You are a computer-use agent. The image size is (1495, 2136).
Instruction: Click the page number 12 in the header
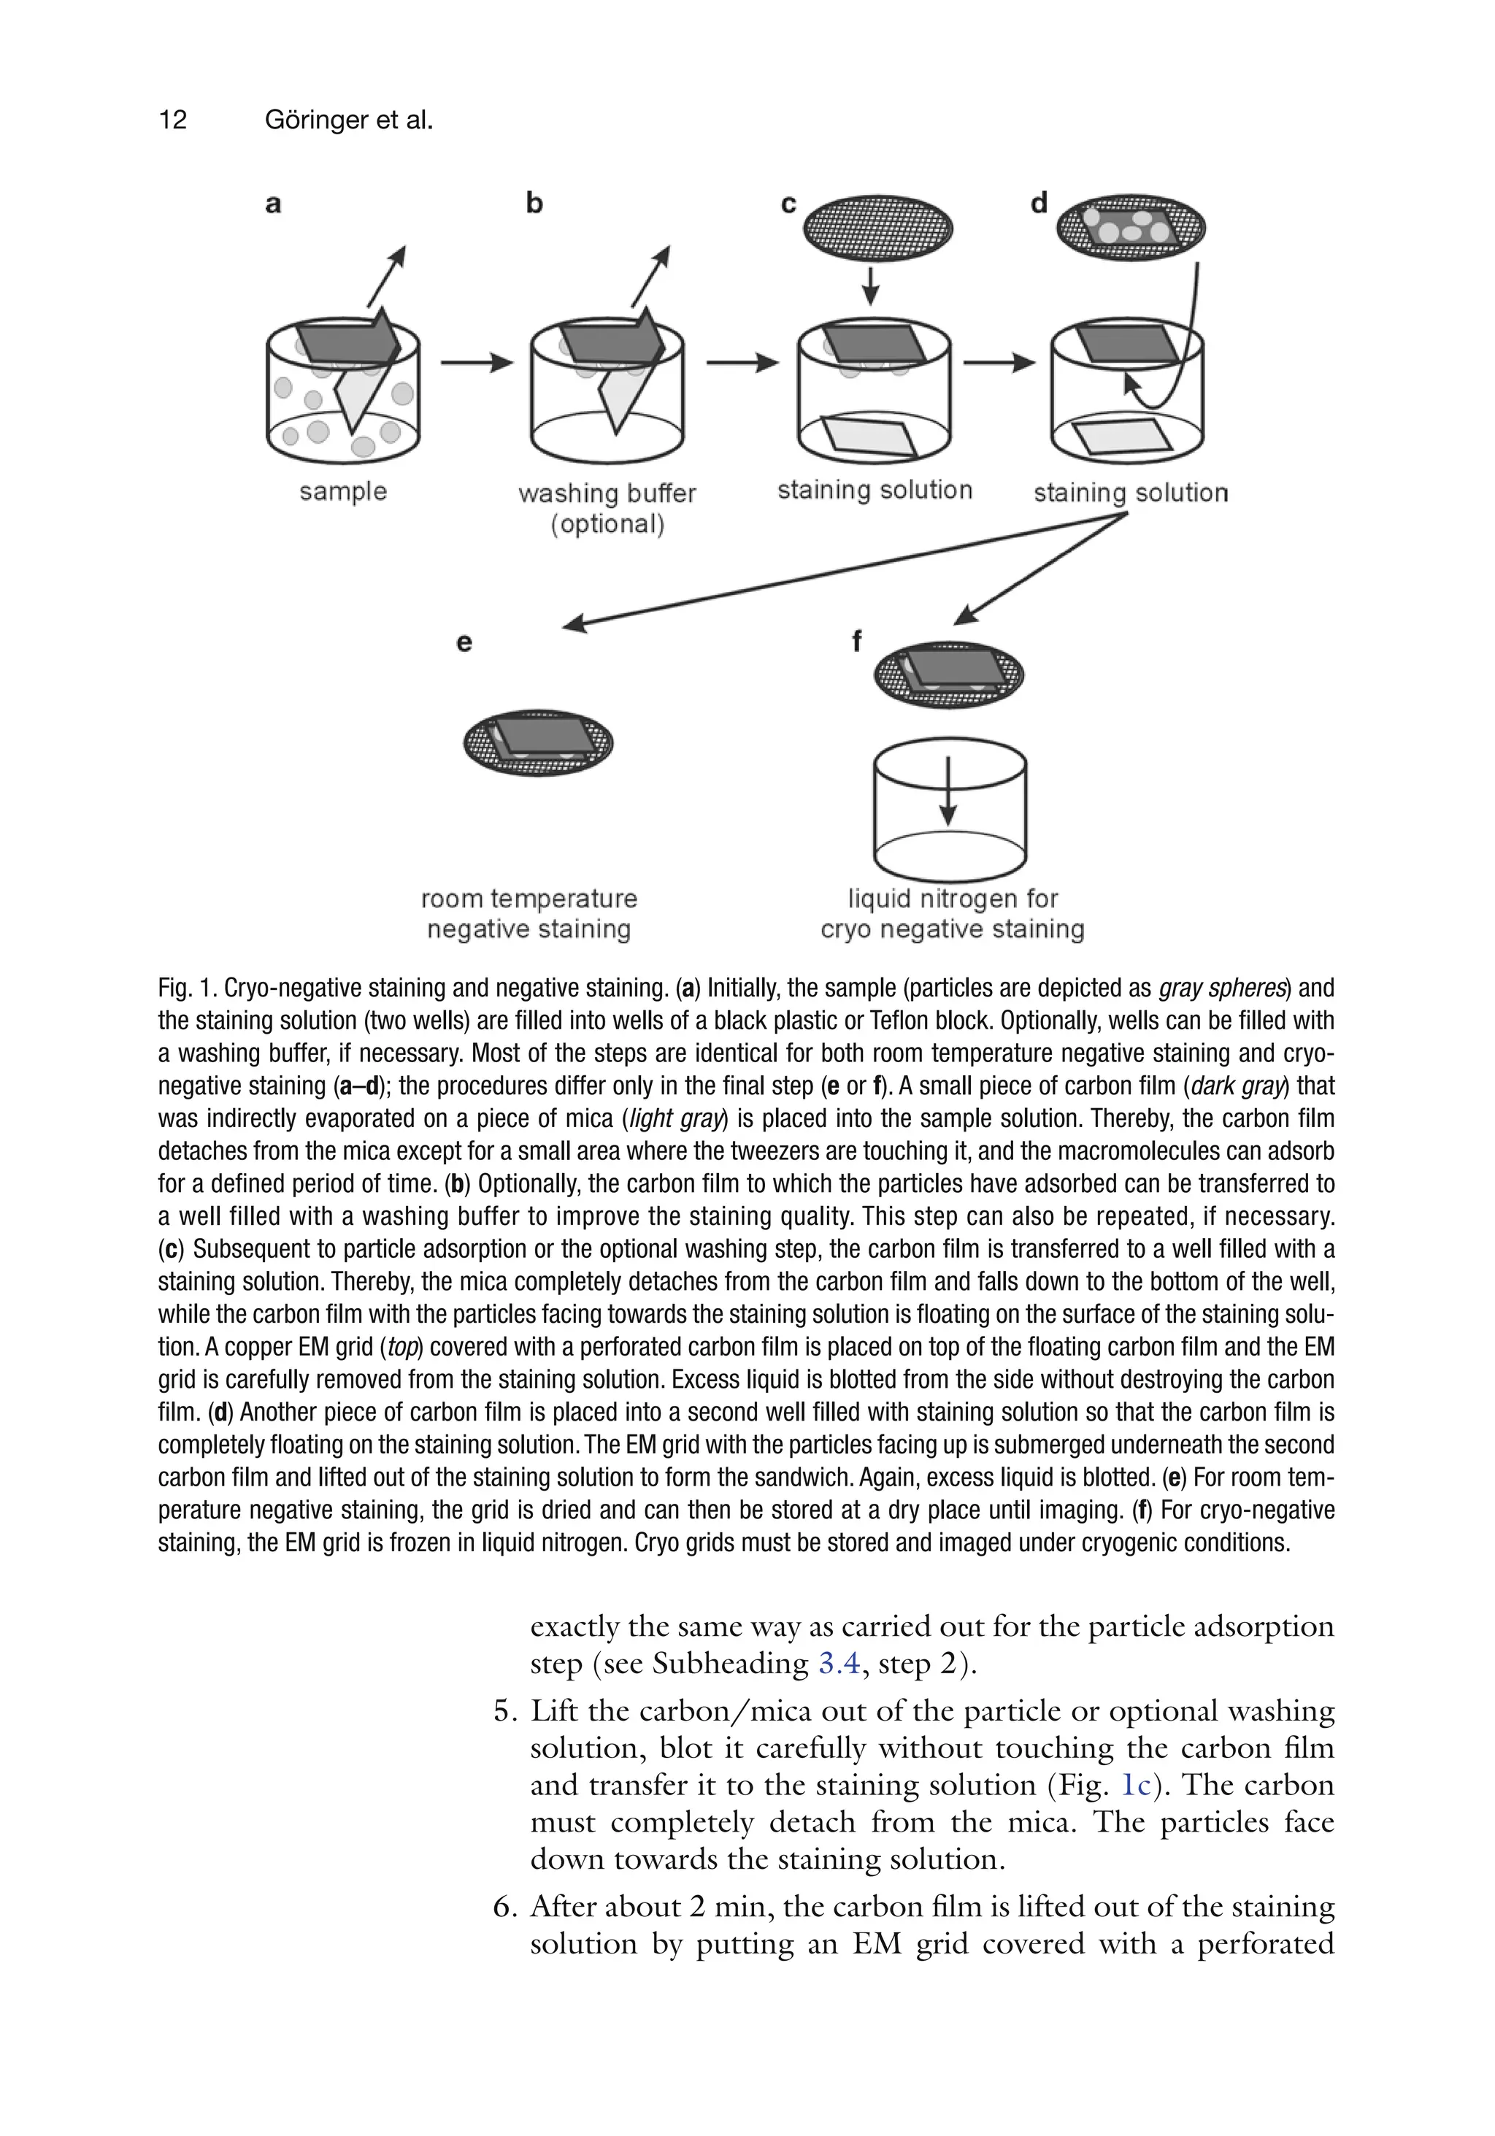coord(173,120)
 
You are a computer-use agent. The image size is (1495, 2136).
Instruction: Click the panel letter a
coord(272,204)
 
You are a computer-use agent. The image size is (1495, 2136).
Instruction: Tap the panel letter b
coord(534,203)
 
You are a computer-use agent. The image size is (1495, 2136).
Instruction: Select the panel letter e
coord(464,643)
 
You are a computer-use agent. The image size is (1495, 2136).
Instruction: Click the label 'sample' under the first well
coord(342,491)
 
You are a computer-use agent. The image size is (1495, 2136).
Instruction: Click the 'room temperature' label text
coord(529,899)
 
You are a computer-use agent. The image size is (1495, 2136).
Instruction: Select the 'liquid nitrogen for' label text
coord(953,899)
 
